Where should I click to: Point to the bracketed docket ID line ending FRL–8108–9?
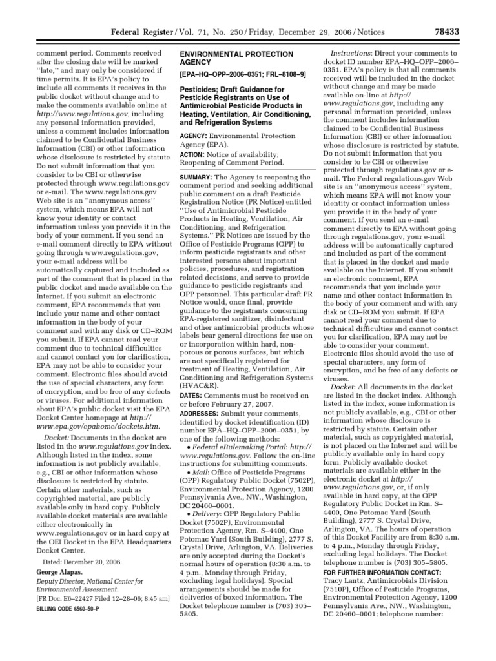[242, 75]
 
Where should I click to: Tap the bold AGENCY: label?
[195, 136]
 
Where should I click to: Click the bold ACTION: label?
[194, 154]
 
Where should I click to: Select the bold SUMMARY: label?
[197, 177]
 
